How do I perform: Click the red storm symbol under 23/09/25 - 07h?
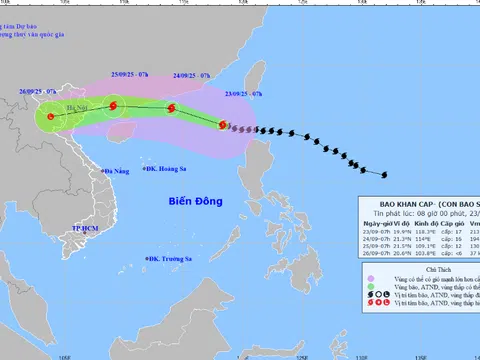pos(223,125)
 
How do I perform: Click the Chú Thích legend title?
pos(419,297)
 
